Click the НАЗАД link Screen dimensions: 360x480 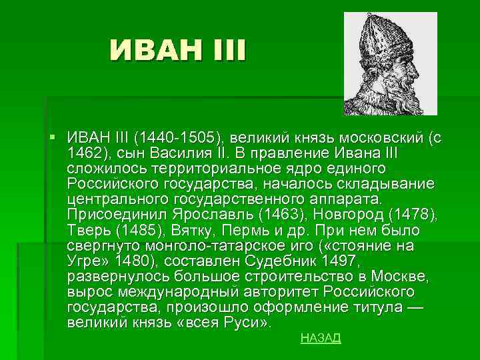click(321, 338)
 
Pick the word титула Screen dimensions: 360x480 click(368, 307)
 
